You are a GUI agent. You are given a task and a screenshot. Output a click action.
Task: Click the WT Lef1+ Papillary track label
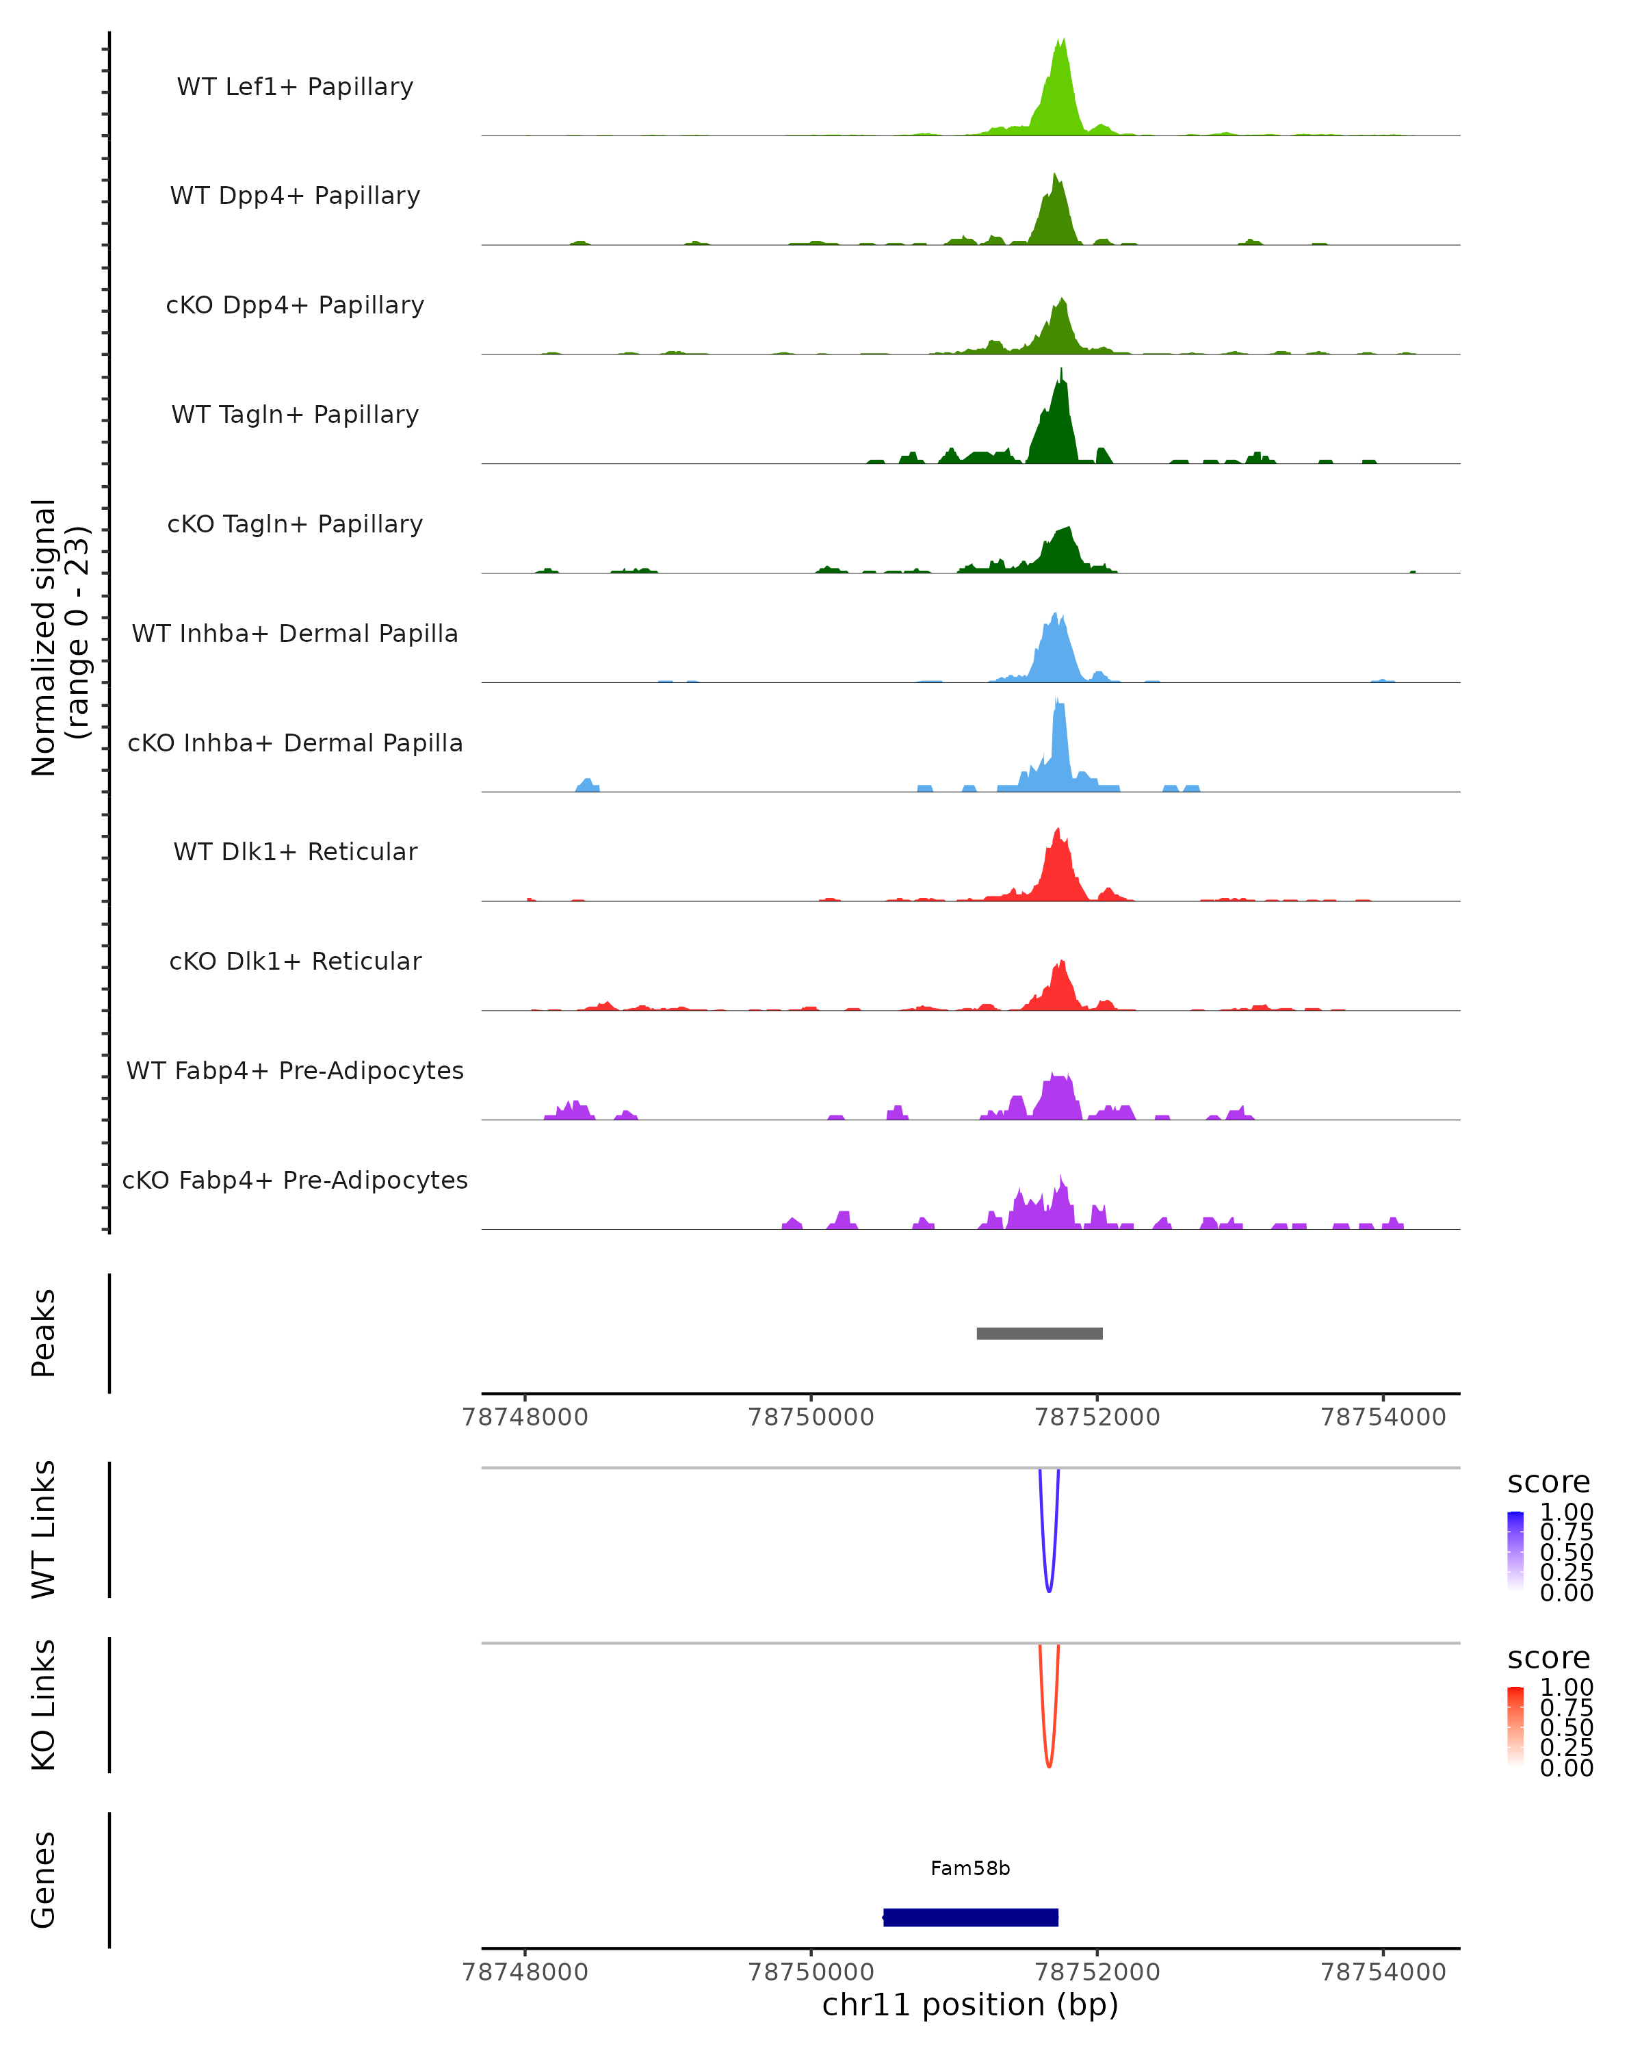click(x=295, y=88)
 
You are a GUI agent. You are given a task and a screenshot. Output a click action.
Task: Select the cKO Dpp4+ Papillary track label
click(x=295, y=306)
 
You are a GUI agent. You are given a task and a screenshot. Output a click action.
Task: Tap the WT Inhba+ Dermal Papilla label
click(x=295, y=634)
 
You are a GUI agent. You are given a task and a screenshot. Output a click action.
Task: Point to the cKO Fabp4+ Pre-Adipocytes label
click(x=295, y=1180)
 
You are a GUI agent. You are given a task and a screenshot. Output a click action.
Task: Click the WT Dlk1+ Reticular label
click(x=295, y=852)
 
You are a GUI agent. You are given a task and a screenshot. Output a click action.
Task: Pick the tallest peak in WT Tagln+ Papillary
click(x=1061, y=372)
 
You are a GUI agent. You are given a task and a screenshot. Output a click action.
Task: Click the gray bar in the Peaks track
click(x=1039, y=1333)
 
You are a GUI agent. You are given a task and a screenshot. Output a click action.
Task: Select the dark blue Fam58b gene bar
click(x=971, y=1918)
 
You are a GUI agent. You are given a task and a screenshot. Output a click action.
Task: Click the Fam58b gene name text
click(x=971, y=1868)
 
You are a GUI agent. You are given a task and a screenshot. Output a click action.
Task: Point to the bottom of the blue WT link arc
click(x=1049, y=1590)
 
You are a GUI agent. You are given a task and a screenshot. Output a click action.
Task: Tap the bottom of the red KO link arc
click(x=1049, y=1766)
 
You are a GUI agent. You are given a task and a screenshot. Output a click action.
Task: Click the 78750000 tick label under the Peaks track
click(x=811, y=1417)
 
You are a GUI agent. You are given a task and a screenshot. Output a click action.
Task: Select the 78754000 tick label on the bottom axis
click(x=1383, y=1972)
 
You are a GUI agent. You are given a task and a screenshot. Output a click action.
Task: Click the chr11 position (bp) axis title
click(x=971, y=2005)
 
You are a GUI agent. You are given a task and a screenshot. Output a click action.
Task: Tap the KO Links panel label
click(x=44, y=1705)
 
